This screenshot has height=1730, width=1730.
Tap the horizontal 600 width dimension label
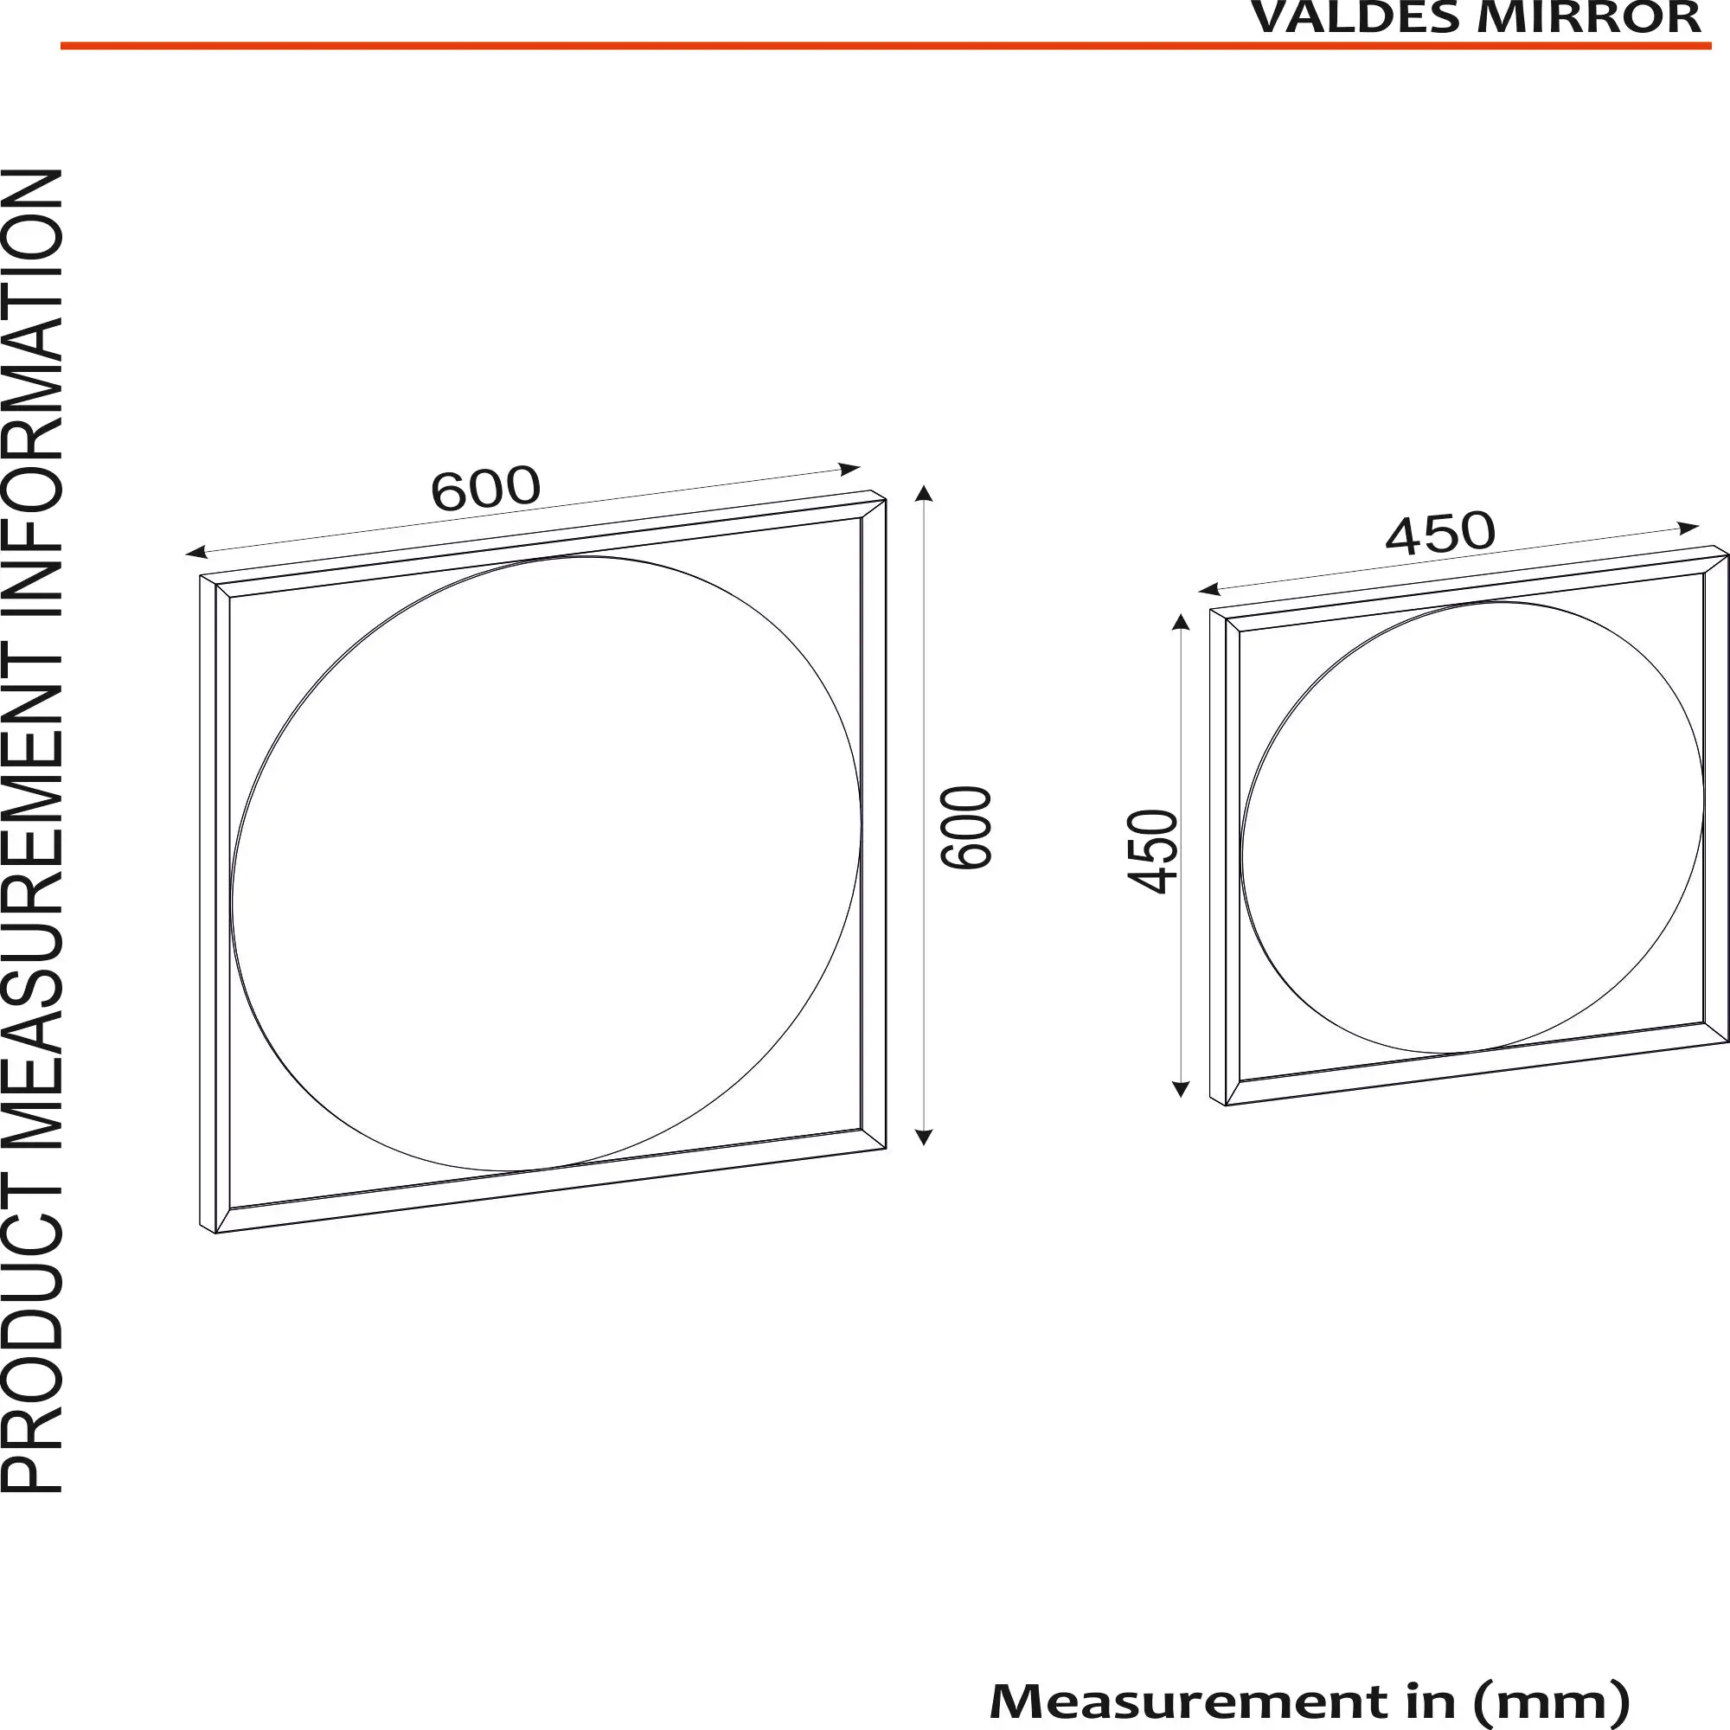[485, 488]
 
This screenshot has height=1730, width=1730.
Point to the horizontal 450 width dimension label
[1440, 533]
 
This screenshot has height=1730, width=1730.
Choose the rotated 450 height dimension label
[1152, 850]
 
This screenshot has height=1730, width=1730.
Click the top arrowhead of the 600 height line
[925, 492]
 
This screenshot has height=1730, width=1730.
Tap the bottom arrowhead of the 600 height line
[925, 1138]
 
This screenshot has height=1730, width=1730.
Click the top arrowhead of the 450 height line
[1180, 621]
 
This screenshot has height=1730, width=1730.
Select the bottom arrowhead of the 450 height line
[1180, 1090]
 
